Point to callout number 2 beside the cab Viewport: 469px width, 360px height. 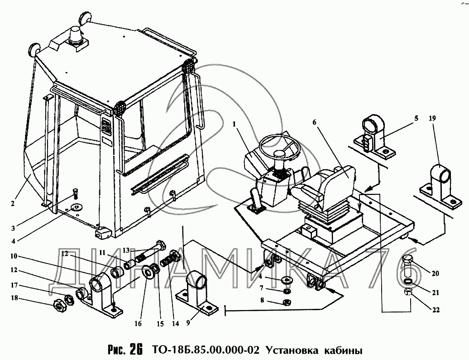(13, 203)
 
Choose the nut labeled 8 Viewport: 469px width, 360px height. (286, 302)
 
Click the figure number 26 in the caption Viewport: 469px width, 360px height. (135, 350)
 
